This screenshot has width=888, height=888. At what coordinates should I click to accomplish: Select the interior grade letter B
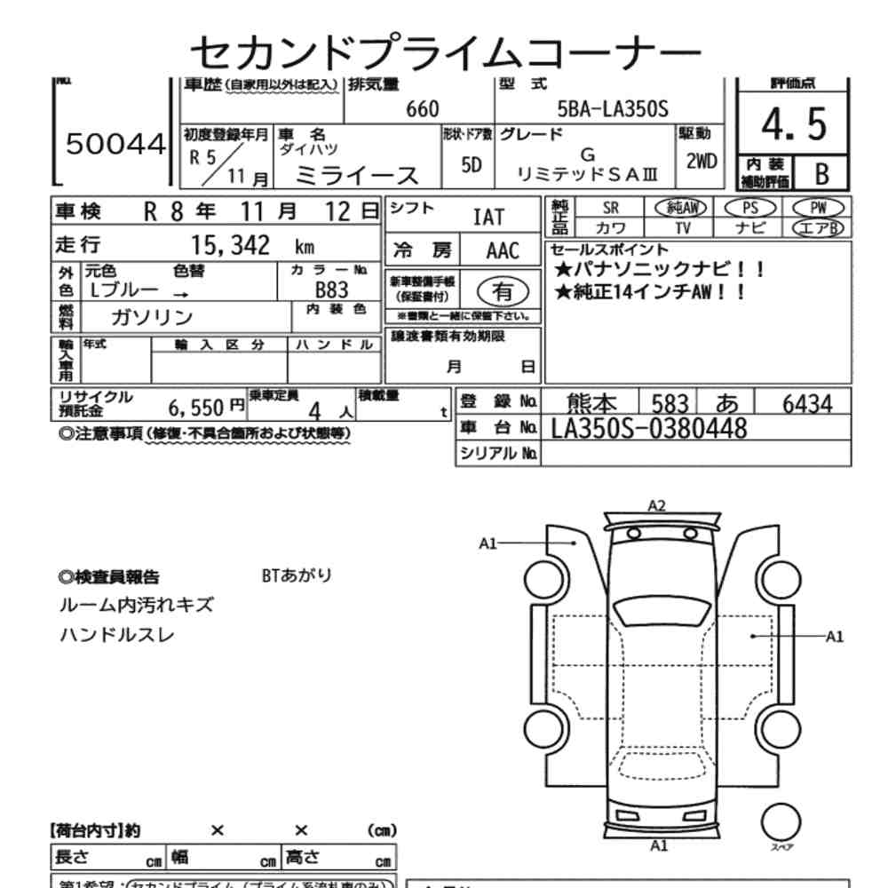(x=821, y=172)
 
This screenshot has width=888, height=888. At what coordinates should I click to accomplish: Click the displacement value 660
(x=422, y=109)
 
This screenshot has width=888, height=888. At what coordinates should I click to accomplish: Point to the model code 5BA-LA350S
(x=612, y=109)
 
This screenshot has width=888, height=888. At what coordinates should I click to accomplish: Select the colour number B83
(x=331, y=289)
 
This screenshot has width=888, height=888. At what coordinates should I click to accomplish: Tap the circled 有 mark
(x=502, y=290)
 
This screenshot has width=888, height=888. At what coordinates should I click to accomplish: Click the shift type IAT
(x=488, y=217)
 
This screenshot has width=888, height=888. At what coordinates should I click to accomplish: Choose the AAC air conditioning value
(x=502, y=250)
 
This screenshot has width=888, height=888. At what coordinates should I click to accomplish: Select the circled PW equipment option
(x=818, y=208)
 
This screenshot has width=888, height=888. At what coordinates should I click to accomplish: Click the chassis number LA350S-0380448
(x=648, y=429)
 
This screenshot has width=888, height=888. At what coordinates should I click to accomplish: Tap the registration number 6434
(x=806, y=404)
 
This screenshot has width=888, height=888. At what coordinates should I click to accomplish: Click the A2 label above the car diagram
(x=656, y=506)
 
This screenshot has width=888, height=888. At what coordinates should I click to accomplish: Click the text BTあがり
(x=297, y=575)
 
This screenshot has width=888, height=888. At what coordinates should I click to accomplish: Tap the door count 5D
(x=472, y=165)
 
